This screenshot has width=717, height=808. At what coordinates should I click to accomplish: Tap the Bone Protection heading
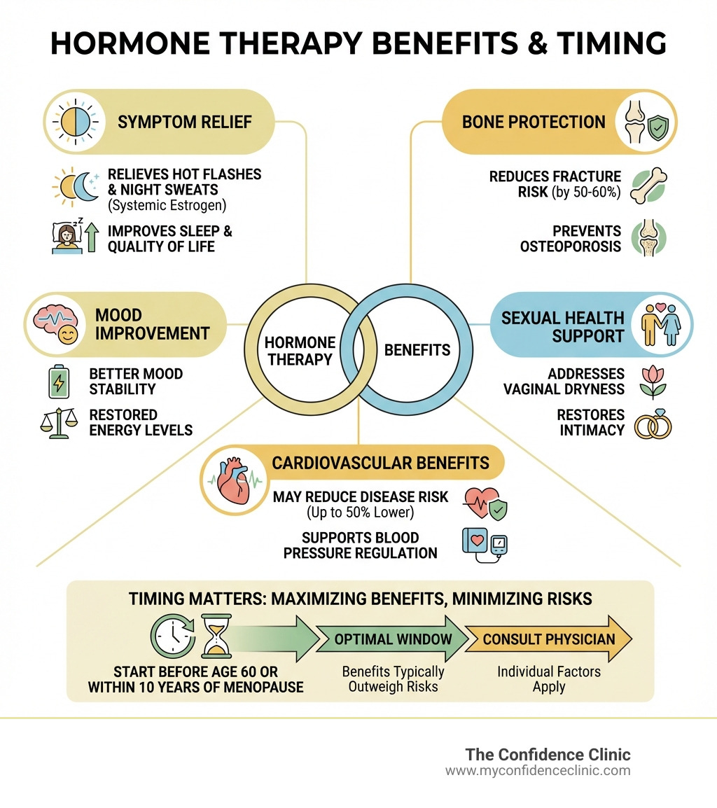(x=534, y=122)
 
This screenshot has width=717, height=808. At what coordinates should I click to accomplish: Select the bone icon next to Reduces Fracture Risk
(x=648, y=185)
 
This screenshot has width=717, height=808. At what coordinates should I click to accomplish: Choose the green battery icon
(x=55, y=382)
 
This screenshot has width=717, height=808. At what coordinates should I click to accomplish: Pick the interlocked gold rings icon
(x=652, y=425)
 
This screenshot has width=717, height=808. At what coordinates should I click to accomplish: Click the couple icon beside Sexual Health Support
(x=660, y=323)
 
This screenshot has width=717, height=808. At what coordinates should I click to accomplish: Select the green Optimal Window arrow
(x=392, y=639)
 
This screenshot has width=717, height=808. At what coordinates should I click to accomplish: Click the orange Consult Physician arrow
(x=549, y=639)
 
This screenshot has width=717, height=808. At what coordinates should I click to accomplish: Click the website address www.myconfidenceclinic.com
(x=538, y=771)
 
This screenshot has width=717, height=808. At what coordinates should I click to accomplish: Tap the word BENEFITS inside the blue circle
(x=417, y=349)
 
